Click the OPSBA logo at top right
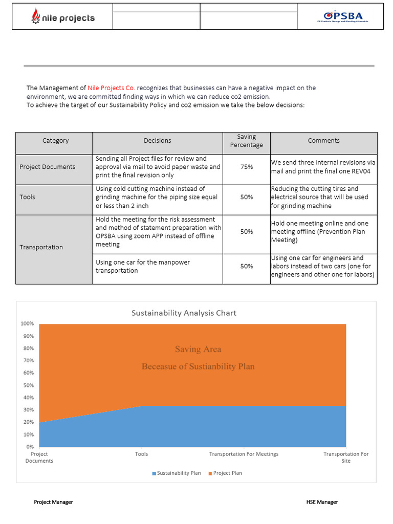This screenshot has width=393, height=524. [x=340, y=17]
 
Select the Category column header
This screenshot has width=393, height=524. [x=55, y=141]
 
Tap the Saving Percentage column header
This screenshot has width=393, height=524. [x=246, y=141]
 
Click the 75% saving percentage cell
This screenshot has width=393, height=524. [x=246, y=167]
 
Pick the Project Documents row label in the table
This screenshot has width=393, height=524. [x=47, y=167]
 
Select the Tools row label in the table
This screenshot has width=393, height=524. [x=28, y=197]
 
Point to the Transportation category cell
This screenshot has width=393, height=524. [x=41, y=247]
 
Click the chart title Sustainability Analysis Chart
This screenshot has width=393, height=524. [x=184, y=313]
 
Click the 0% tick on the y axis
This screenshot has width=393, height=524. [x=30, y=447]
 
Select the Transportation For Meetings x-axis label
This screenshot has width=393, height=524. [x=244, y=454]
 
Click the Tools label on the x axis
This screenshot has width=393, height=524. [x=142, y=454]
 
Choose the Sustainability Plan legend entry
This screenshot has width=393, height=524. [x=177, y=473]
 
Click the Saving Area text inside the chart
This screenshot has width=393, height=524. [x=198, y=350]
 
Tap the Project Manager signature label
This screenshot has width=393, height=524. [x=53, y=502]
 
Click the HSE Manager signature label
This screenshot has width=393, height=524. [x=318, y=502]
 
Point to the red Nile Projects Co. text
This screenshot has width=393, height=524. [x=111, y=88]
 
